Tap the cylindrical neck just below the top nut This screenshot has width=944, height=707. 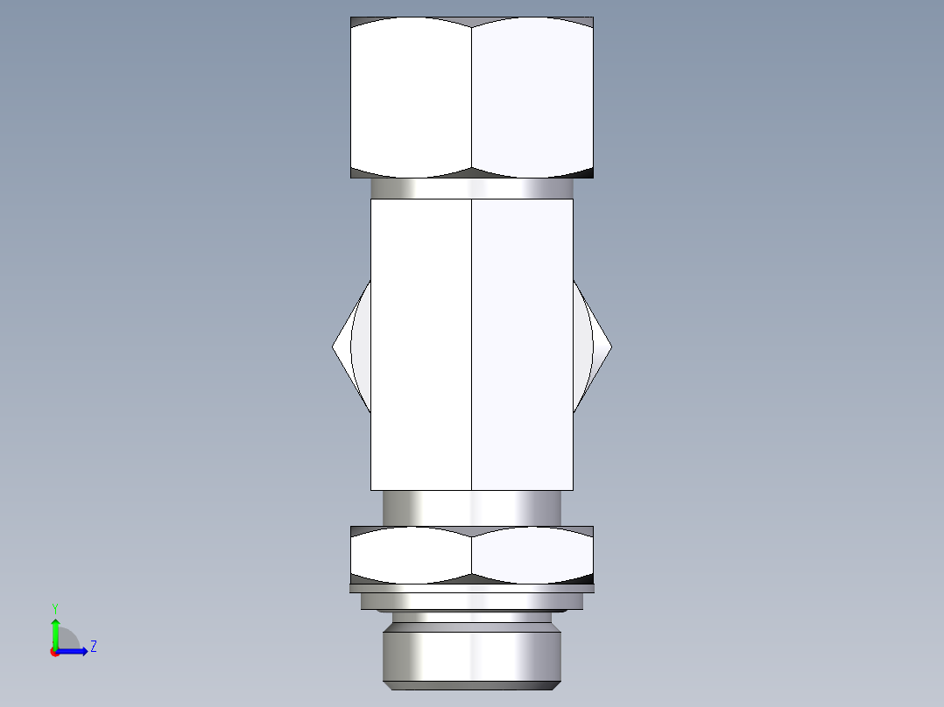tap(472, 188)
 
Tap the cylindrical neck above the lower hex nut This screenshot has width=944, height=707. tap(472, 507)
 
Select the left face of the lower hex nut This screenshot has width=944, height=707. tap(411, 555)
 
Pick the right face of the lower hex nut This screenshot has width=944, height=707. tap(532, 555)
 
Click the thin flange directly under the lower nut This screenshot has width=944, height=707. tap(472, 589)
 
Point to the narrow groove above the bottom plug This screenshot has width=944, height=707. tap(472, 617)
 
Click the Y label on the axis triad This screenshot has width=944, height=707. tap(54, 607)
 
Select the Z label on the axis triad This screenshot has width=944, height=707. tap(93, 647)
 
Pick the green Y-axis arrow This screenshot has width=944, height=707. tap(55, 632)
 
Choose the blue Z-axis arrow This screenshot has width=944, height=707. tap(74, 651)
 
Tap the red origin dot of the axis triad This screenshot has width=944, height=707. tap(54, 652)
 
